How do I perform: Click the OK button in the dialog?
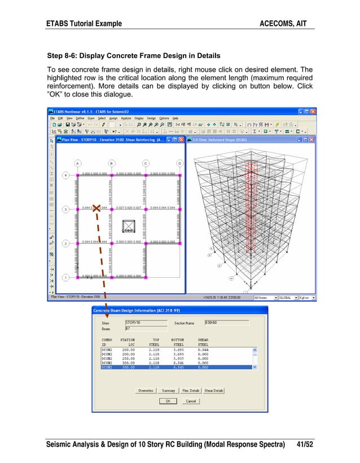coord(168,401)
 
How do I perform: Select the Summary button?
coord(168,390)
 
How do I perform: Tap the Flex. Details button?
coord(191,390)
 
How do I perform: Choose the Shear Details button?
coord(214,390)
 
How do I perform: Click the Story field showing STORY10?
coord(146,322)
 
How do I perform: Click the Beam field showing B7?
coord(146,328)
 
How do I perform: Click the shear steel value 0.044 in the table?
coord(203,350)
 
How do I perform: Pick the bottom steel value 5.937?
coord(179,358)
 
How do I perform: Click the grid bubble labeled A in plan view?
coord(77,164)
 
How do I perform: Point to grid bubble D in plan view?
coord(179,164)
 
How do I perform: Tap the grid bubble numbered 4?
coord(65,176)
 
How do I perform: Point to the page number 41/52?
coord(304,445)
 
